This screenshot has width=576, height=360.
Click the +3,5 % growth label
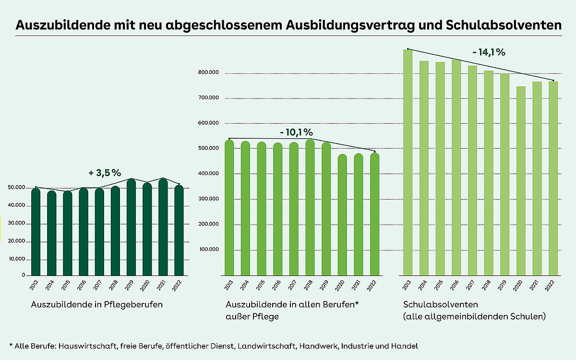tap(105, 173)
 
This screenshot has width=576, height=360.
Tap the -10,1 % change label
tap(296, 132)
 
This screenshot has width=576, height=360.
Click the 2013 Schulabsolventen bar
tap(408, 163)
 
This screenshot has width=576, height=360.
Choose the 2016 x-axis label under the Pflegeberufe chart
tap(84, 285)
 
